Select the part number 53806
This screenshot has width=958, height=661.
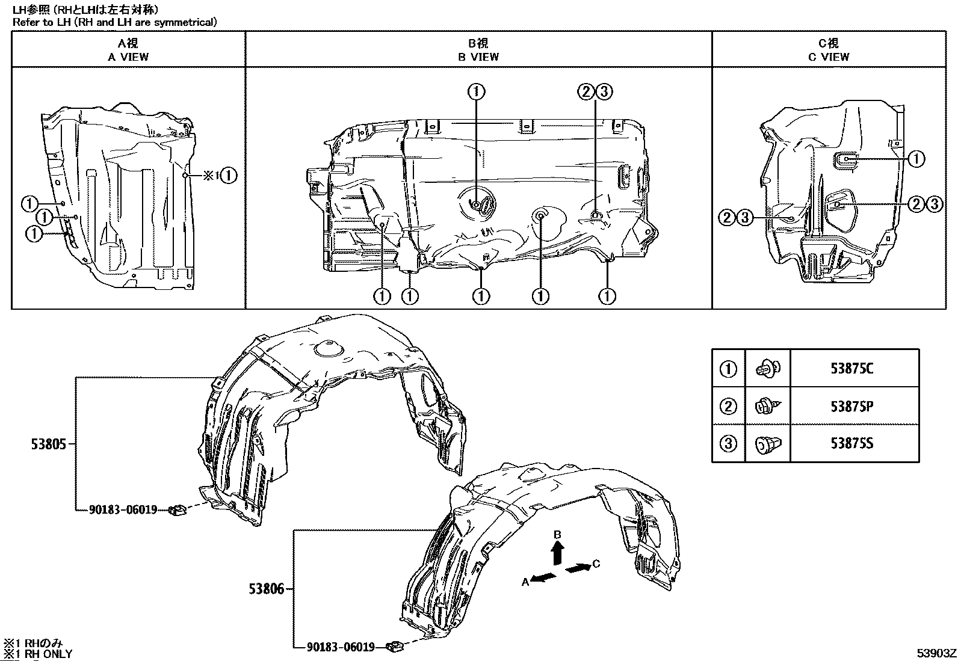point(266,589)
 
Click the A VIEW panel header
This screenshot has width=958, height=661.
point(128,50)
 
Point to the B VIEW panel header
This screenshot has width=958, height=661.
point(478,50)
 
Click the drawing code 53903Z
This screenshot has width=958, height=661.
point(936,653)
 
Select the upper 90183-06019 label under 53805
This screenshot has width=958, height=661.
point(123,509)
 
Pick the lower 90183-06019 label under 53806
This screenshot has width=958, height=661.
point(341,647)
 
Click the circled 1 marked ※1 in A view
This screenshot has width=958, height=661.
point(229,176)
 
